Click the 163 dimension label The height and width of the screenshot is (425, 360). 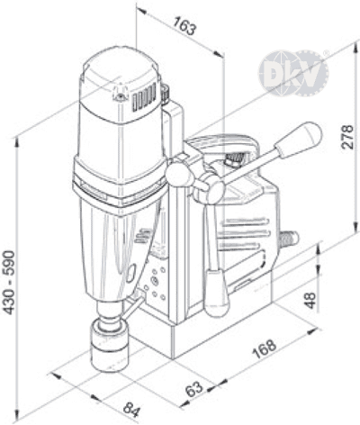click(x=185, y=26)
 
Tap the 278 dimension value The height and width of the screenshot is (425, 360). click(x=347, y=137)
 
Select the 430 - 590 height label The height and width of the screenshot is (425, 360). click(x=9, y=283)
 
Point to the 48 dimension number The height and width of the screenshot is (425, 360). click(x=310, y=300)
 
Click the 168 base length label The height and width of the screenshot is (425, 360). click(x=264, y=348)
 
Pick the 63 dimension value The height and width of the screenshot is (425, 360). click(x=194, y=389)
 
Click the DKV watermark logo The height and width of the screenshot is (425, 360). click(x=293, y=73)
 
